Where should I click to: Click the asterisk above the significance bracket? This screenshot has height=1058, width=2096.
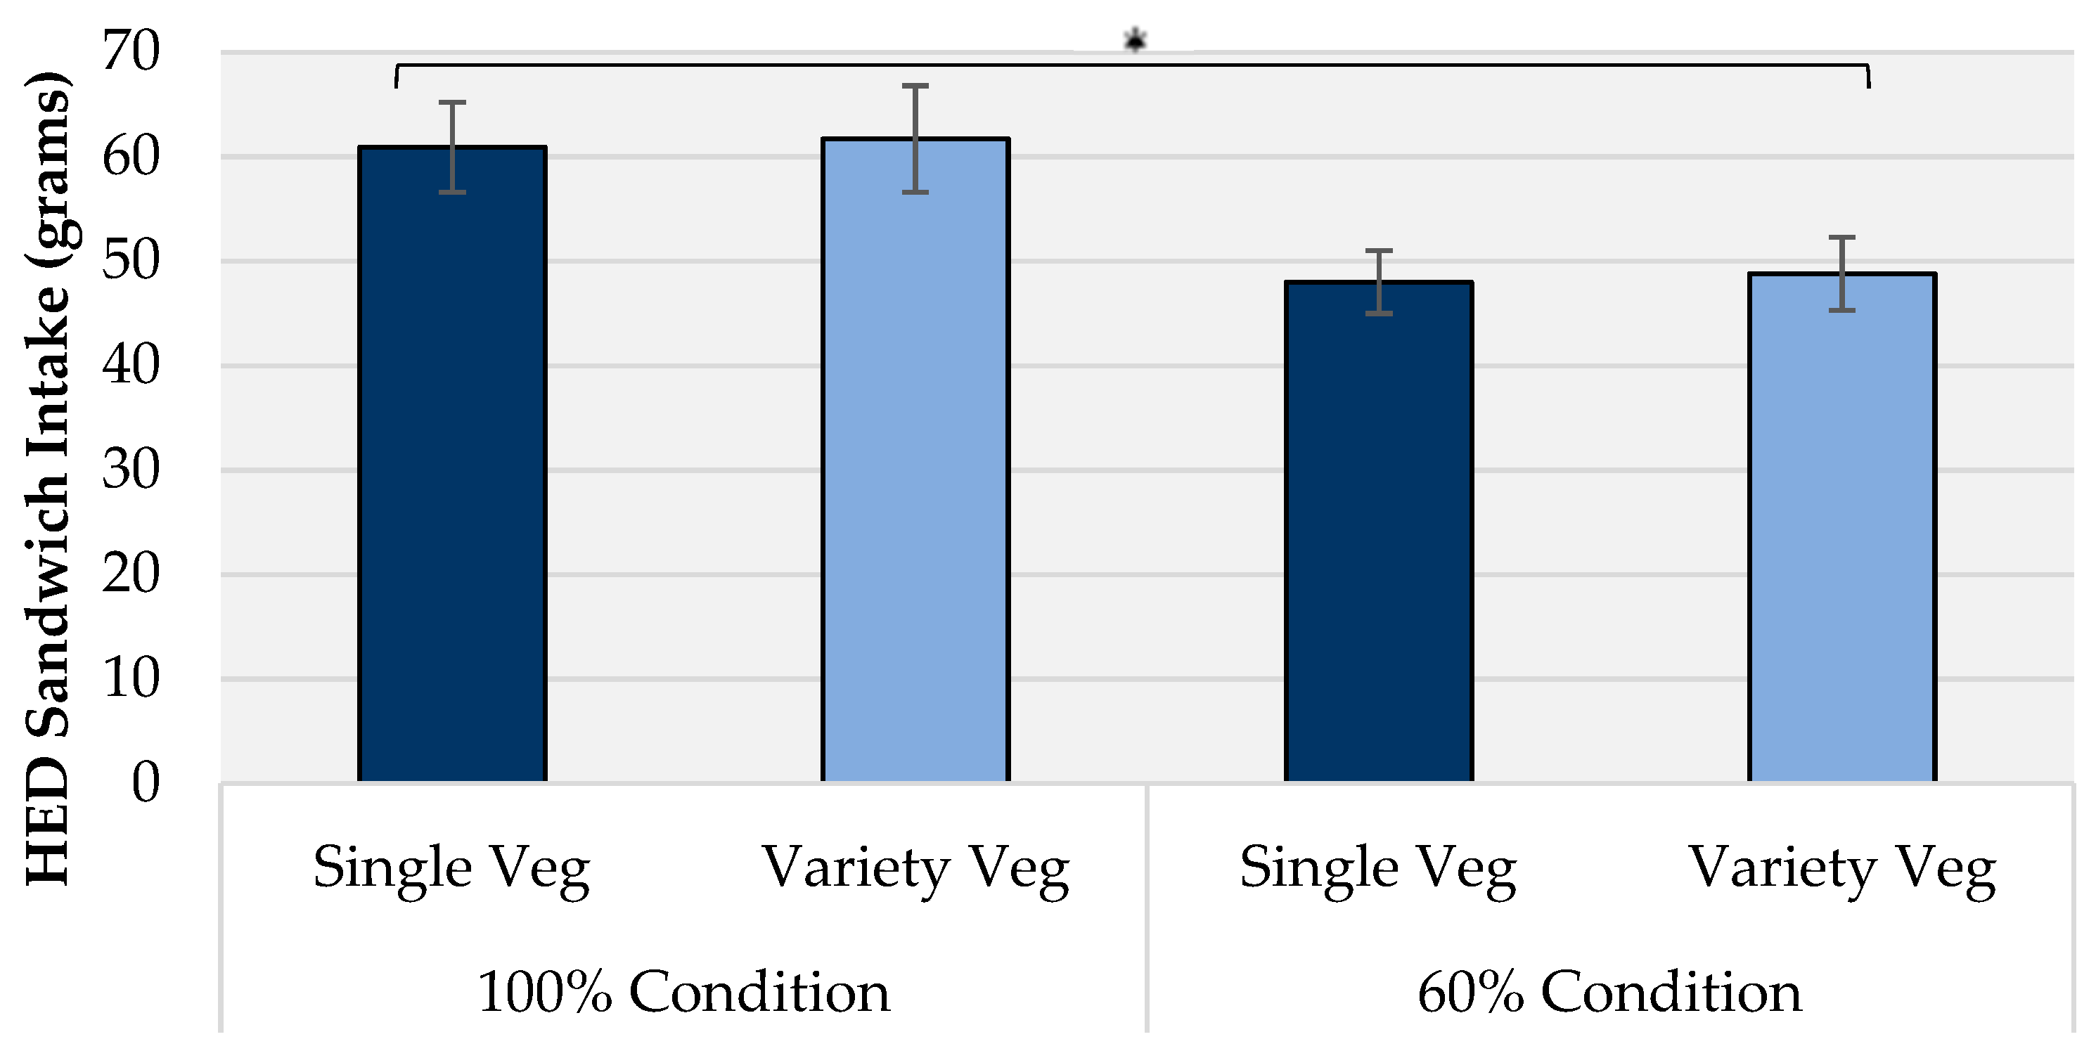click(1135, 39)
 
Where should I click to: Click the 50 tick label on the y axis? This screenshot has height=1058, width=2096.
click(130, 261)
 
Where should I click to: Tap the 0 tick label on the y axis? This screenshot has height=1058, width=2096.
click(146, 782)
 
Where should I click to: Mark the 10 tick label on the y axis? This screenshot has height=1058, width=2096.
click(130, 678)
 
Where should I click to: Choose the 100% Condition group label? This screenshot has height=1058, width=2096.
click(683, 992)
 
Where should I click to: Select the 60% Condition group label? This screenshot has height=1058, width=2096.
click(1609, 992)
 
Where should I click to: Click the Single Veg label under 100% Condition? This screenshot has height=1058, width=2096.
click(451, 868)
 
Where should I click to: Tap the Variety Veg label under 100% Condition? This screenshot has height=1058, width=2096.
click(915, 868)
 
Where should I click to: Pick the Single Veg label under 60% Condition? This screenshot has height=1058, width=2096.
click(1377, 868)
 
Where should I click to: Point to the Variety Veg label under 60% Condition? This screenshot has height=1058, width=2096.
click(1842, 868)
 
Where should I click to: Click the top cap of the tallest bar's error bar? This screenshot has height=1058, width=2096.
click(915, 85)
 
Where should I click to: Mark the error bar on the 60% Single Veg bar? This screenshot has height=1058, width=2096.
click(1378, 281)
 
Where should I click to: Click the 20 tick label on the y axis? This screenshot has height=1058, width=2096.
click(130, 574)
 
